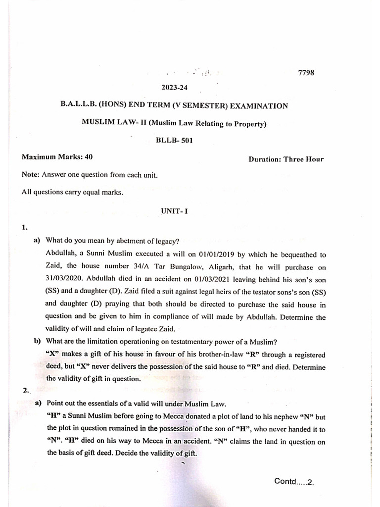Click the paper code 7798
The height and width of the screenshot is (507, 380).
pyautogui.click(x=306, y=72)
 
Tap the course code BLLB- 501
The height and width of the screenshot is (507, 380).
pyautogui.click(x=174, y=140)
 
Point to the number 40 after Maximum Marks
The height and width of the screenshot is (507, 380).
pyautogui.click(x=89, y=157)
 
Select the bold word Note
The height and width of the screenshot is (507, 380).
pyautogui.click(x=31, y=175)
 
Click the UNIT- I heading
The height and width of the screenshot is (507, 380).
pyautogui.click(x=173, y=210)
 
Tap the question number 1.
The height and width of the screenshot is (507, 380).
pyautogui.click(x=24, y=227)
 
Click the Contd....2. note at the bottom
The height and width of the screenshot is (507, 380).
pyautogui.click(x=294, y=482)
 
